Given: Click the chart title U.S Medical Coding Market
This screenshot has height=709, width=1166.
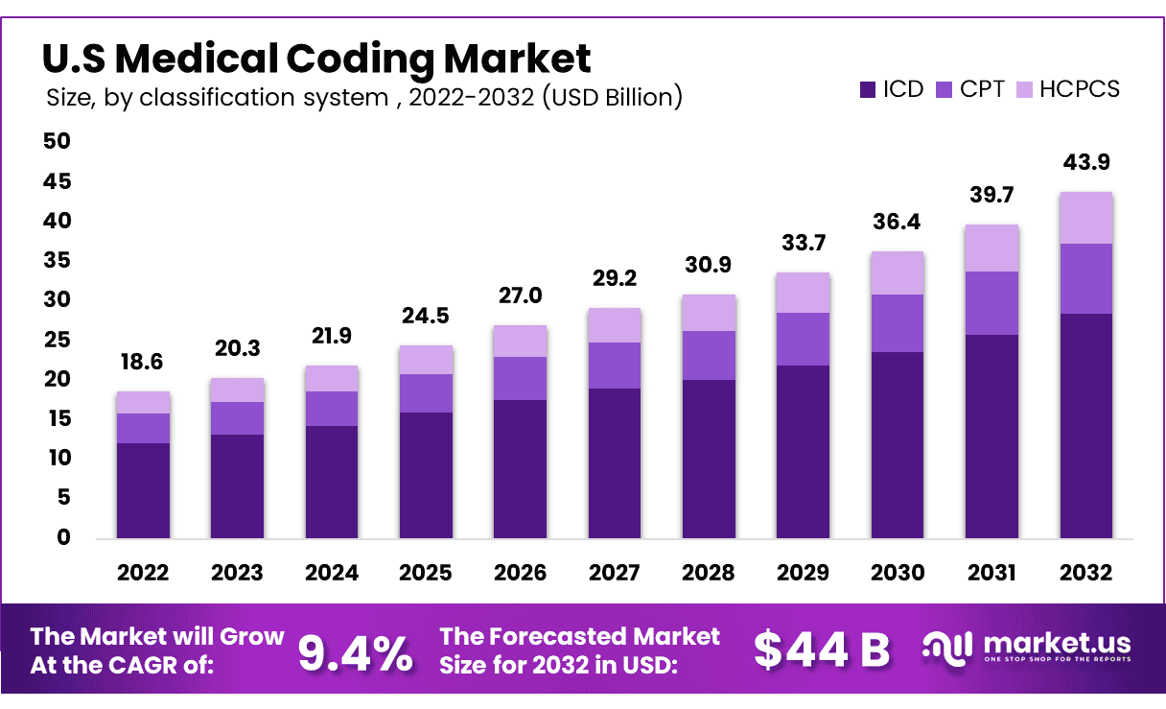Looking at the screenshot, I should (316, 59).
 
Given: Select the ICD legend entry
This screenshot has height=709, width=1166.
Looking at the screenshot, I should (891, 90).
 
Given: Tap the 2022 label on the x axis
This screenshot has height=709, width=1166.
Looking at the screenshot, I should (143, 573).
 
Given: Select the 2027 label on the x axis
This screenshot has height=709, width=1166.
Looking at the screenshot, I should (614, 573).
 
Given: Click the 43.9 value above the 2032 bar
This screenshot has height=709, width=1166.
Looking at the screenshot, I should (1085, 163).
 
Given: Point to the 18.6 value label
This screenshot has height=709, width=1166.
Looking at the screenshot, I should (143, 363).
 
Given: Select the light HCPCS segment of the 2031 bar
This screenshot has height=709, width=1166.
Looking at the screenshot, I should (991, 248).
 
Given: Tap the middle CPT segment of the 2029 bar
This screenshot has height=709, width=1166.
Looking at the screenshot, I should (803, 339).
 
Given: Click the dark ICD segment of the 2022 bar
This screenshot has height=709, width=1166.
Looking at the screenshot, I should (143, 489).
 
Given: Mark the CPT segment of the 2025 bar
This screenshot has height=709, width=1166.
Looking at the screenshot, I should (426, 393).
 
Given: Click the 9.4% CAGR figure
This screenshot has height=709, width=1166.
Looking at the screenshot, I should (355, 652).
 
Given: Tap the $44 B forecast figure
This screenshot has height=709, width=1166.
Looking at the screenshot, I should (821, 650).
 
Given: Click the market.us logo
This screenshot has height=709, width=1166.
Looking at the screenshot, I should (1026, 647).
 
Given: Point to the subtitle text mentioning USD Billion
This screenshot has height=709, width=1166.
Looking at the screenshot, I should (364, 97).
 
